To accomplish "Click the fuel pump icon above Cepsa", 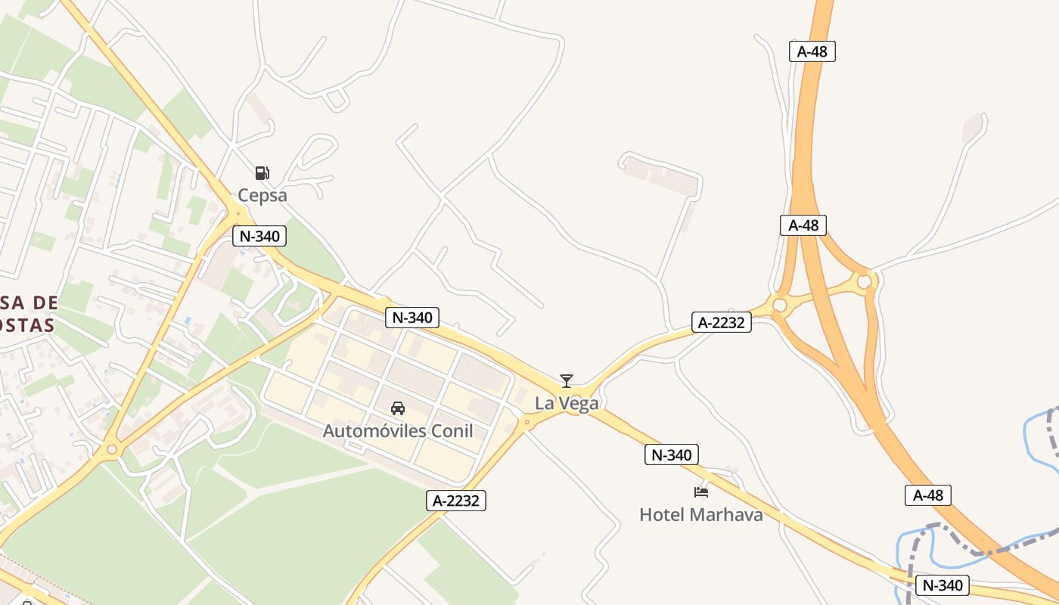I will click(262, 173).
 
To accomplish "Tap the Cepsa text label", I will click(262, 195).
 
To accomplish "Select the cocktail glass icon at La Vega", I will click(567, 381).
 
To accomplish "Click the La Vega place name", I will click(567, 403).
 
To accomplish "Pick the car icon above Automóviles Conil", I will click(397, 408).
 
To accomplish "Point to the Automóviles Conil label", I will click(397, 431).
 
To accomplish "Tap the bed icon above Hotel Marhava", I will click(701, 492).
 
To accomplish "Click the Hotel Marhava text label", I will click(701, 515).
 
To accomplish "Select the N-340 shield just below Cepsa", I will click(259, 236).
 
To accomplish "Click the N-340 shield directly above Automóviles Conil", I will click(412, 318).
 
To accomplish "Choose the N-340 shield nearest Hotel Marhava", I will click(672, 455).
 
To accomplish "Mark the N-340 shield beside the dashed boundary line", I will click(943, 585).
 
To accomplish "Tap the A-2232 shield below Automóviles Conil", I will click(456, 500).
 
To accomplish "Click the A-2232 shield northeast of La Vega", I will click(722, 323).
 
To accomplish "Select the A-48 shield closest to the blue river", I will click(928, 495).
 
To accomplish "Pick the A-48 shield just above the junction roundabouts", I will click(803, 225).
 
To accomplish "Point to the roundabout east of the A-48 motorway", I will click(864, 282).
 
